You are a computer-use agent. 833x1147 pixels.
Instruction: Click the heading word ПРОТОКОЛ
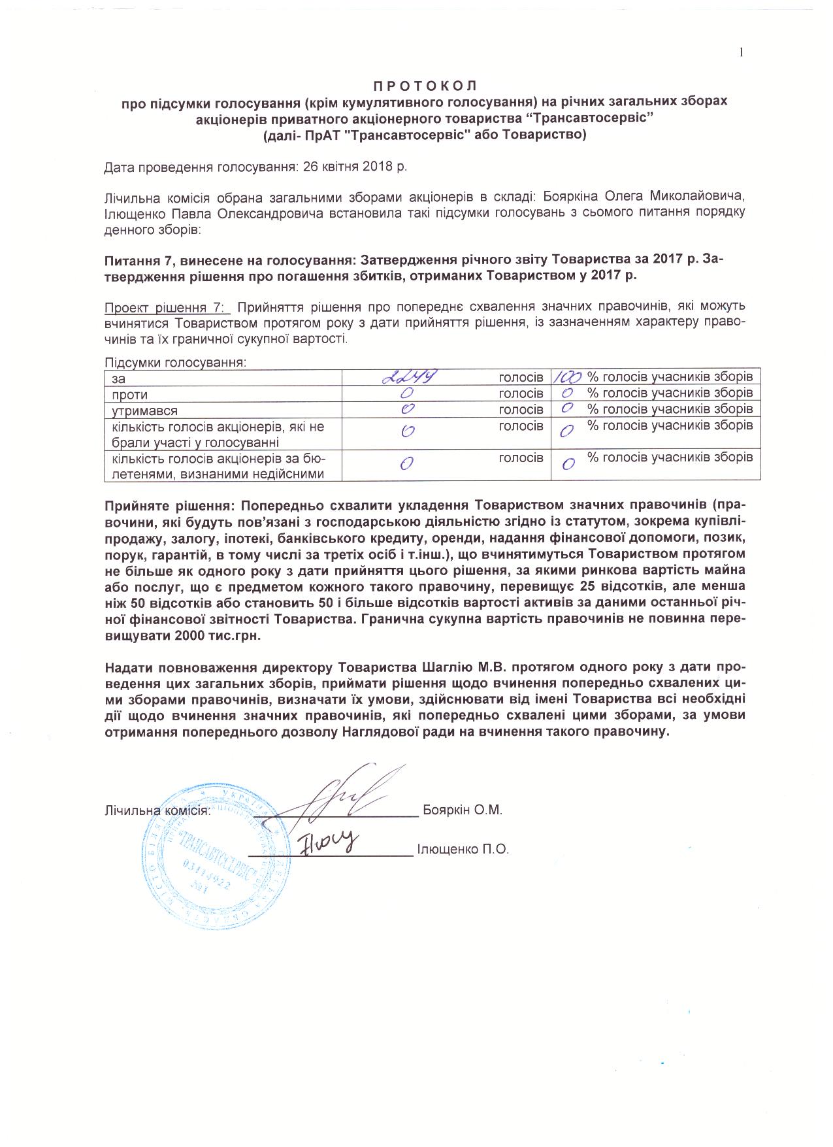click(425, 86)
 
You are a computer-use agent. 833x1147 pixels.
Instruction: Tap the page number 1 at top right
click(742, 53)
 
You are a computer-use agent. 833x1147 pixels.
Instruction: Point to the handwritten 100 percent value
click(568, 377)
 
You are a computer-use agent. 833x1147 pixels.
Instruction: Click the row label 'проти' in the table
click(130, 395)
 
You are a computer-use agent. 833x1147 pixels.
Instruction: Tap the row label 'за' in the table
click(118, 378)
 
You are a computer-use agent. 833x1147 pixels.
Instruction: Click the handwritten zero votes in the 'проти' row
click(408, 393)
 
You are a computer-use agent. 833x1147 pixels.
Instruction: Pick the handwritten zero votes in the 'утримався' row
click(408, 410)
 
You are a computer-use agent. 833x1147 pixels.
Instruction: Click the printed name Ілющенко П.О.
click(463, 850)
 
